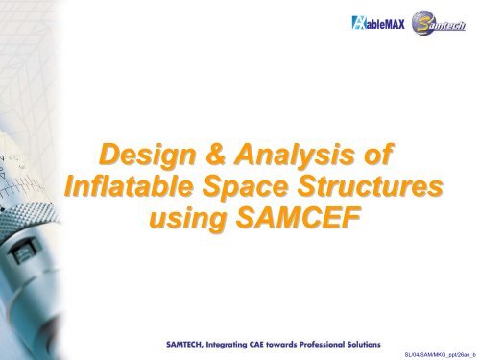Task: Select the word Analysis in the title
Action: [294, 155]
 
